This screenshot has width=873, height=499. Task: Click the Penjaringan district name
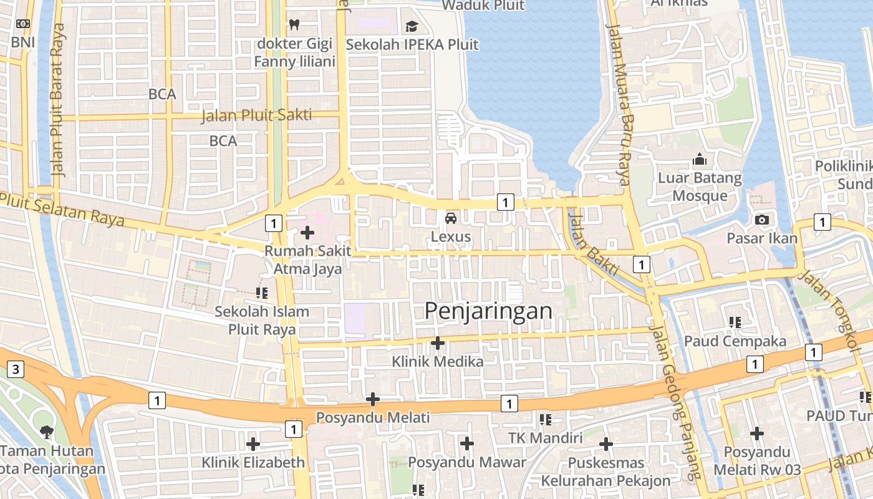pos(488,311)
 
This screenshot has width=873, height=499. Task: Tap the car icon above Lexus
pos(450,218)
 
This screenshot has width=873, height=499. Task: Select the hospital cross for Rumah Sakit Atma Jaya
pos(307,233)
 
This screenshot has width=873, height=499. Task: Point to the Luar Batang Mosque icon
pos(699,160)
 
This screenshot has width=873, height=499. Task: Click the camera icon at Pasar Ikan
pos(761,220)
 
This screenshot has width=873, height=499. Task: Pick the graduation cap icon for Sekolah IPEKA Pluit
pos(412,26)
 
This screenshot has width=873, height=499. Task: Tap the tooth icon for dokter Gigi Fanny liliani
pos(294,24)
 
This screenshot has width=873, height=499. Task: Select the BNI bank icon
pos(23,24)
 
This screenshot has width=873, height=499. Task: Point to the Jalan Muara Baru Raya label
pos(620,105)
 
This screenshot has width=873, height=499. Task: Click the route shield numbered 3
pos(16,369)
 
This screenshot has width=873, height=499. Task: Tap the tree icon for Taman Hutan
pos(46,431)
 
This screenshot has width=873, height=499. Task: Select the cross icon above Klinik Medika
pos(438,342)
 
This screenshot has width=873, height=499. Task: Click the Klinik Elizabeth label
pos(253,462)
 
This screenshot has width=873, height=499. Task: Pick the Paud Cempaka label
pos(735,341)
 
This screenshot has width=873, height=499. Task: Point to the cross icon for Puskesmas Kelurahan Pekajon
pos(605,444)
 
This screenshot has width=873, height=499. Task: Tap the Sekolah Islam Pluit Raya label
pos(262,320)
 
